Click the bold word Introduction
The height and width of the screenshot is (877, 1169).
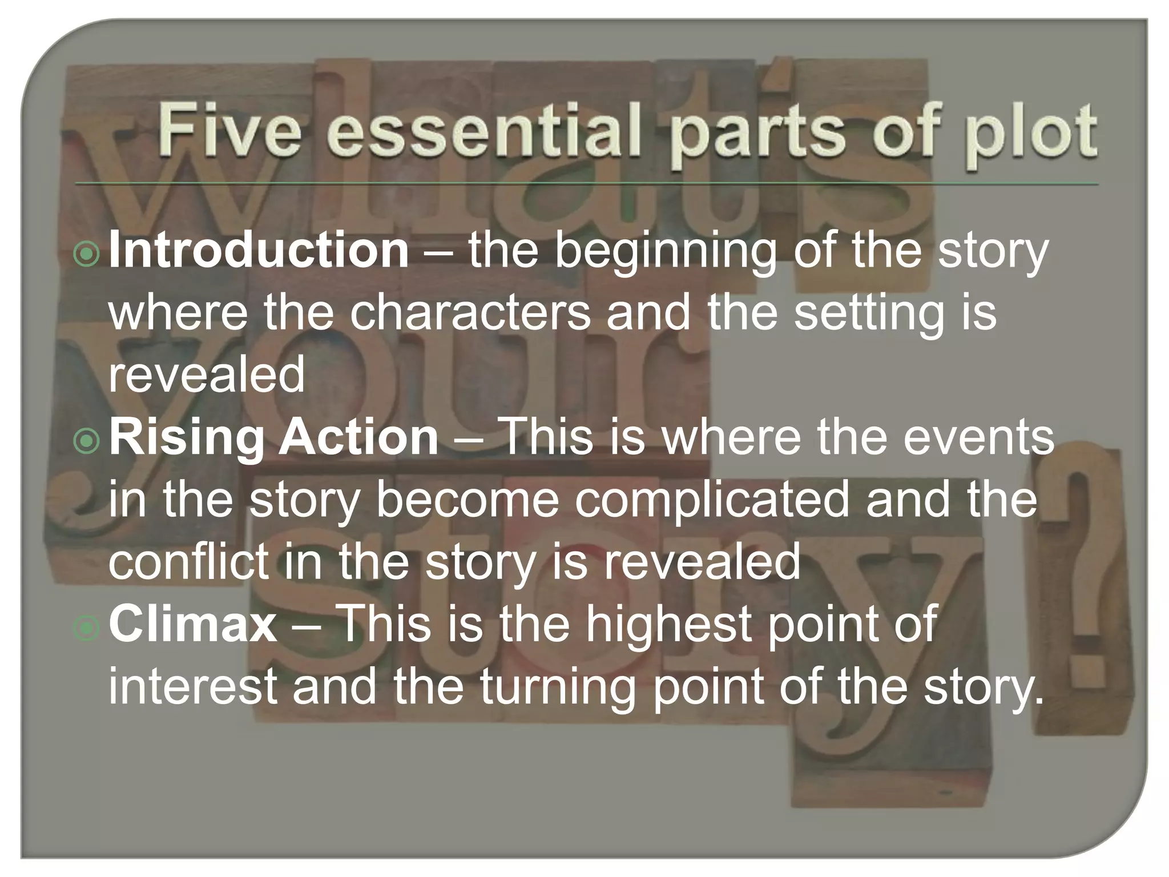point(259,251)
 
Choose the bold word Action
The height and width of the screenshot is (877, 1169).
point(358,438)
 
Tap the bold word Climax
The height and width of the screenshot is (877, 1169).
point(193,625)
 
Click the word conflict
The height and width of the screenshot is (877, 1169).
point(188,562)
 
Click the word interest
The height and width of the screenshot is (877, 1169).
point(192,687)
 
